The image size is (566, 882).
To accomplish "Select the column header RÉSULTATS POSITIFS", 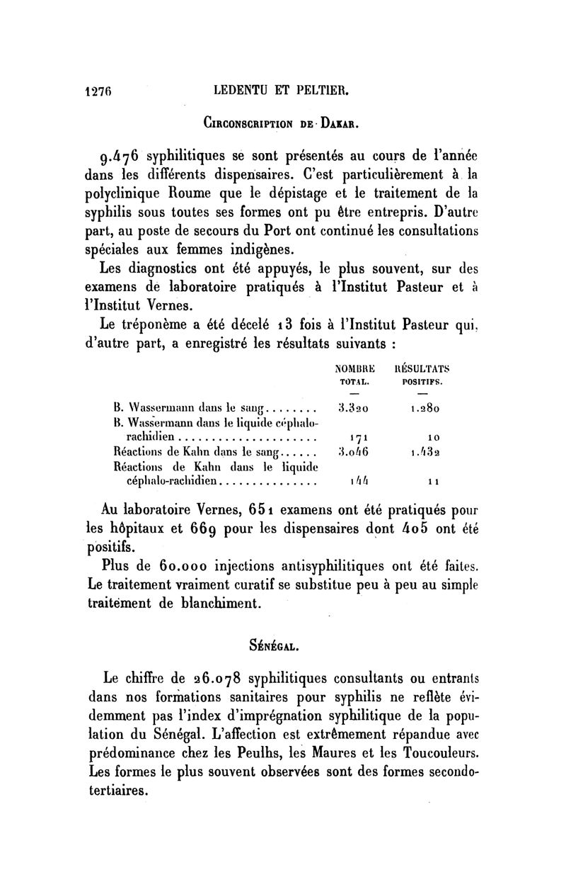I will (x=422, y=374).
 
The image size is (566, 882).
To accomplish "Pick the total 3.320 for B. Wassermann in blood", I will (x=352, y=409).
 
